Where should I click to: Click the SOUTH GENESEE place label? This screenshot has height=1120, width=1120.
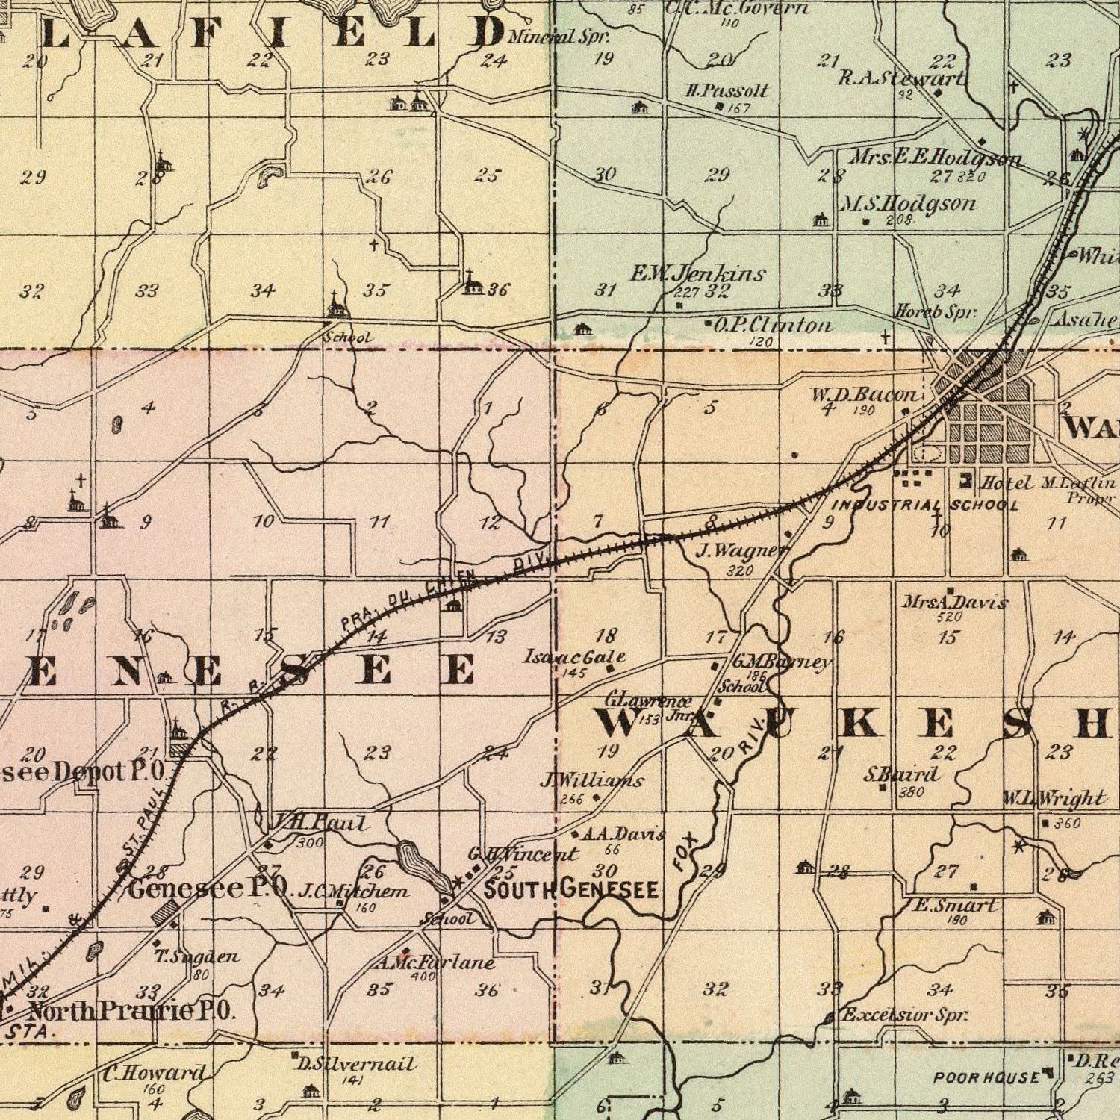[570, 890]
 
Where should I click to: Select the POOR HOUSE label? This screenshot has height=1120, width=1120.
[986, 1077]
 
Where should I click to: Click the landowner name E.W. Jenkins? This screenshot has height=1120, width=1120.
[697, 274]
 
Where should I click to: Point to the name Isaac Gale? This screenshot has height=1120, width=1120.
[573, 657]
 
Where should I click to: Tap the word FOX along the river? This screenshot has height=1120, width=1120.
[685, 853]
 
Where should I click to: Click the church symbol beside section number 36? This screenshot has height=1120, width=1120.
[471, 282]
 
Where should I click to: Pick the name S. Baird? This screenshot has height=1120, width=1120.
[900, 774]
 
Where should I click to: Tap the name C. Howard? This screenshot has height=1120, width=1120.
[153, 1074]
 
